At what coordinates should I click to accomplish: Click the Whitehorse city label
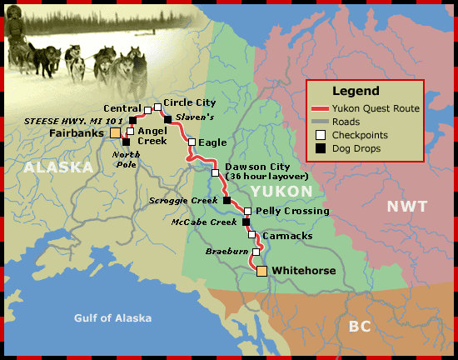303,272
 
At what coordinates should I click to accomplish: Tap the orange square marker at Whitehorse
261,271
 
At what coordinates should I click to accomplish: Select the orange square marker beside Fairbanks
115,132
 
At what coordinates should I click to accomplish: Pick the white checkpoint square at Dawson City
215,173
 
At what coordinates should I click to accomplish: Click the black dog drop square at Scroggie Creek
227,200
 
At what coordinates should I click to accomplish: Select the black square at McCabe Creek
245,222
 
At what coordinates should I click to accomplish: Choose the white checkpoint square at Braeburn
256,251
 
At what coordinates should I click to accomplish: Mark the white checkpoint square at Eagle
192,142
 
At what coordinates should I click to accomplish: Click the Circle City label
189,102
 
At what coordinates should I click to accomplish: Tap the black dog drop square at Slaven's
167,119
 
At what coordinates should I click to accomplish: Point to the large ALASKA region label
57,167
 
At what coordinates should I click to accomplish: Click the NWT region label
406,206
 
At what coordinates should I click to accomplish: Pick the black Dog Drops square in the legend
319,147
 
